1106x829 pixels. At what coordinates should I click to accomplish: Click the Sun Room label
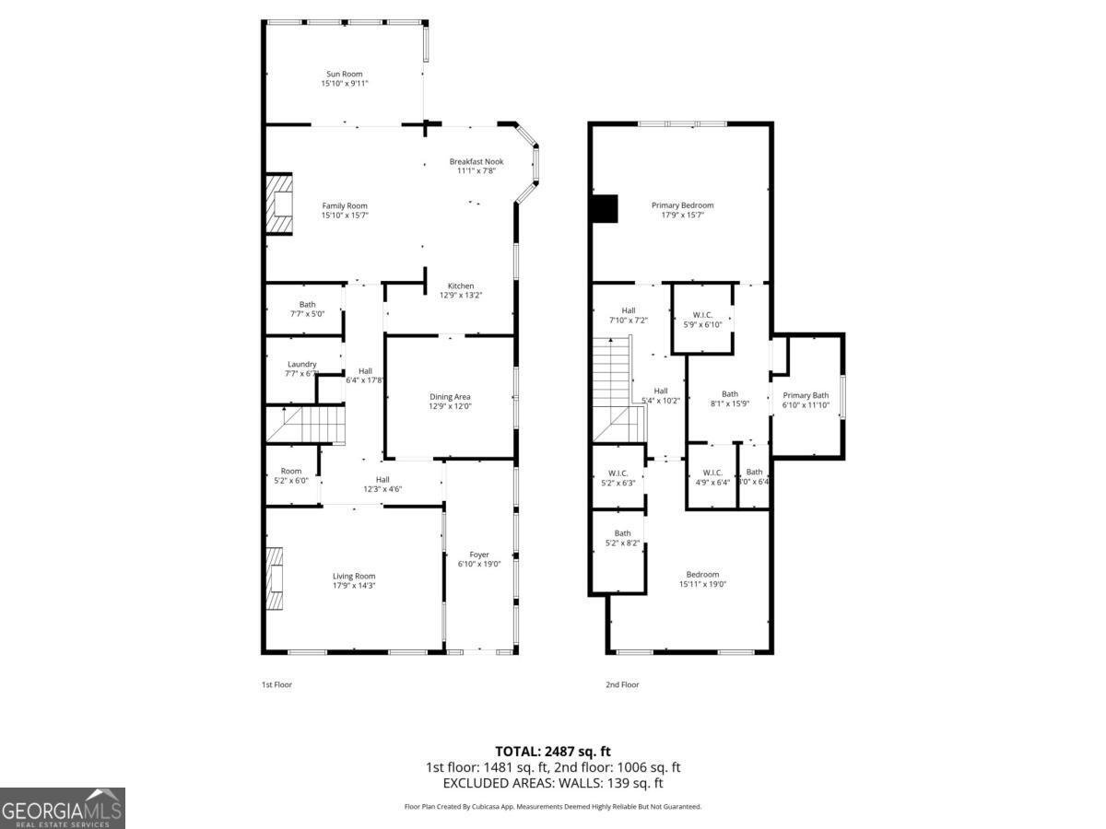(x=344, y=75)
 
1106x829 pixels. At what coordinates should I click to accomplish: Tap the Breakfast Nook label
(x=476, y=162)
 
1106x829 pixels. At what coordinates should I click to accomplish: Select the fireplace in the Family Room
(x=278, y=205)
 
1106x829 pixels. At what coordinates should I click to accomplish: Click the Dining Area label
(x=449, y=397)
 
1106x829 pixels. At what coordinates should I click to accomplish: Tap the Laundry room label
(x=301, y=364)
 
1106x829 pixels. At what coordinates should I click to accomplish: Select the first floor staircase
(x=306, y=426)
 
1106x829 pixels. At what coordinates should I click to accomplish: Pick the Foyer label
(x=479, y=555)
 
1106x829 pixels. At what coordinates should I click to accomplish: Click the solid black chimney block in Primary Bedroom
(x=604, y=209)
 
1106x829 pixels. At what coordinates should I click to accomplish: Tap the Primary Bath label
(x=806, y=395)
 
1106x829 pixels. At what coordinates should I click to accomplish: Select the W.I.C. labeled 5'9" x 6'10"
(x=702, y=315)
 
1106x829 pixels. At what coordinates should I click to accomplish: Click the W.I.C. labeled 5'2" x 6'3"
(x=618, y=473)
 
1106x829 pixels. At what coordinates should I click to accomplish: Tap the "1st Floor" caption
(x=276, y=684)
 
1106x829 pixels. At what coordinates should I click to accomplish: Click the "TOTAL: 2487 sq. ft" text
(x=553, y=751)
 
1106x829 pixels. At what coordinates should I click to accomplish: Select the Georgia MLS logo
(x=62, y=808)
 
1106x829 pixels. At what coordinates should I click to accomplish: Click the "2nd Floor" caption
(x=622, y=684)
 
